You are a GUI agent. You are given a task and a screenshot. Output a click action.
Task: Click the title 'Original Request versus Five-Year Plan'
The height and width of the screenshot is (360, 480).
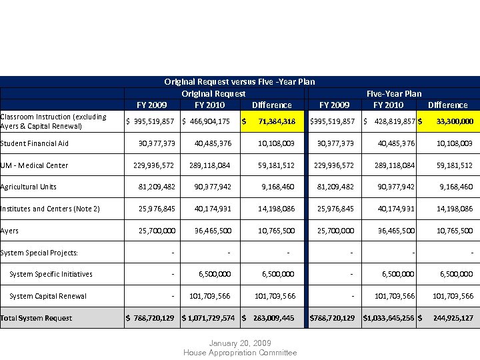tap(239, 82)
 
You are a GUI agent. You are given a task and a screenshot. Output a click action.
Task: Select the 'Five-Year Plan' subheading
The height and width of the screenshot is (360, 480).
tap(394, 93)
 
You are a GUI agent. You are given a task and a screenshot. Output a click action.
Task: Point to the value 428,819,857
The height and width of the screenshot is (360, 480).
tap(393, 121)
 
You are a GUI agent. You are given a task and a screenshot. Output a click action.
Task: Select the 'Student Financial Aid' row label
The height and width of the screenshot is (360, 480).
tap(34, 143)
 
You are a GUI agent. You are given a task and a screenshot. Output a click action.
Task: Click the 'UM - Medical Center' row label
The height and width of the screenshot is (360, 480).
tap(34, 165)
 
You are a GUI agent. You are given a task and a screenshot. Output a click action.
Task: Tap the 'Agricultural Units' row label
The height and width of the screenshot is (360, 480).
tap(29, 187)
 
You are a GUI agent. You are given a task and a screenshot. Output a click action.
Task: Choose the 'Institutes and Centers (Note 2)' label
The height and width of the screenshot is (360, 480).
tap(50, 209)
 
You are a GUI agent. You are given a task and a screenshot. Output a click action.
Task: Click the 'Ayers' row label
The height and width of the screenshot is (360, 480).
tap(9, 231)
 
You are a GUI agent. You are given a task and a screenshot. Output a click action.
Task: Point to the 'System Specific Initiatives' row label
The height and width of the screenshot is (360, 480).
tap(51, 274)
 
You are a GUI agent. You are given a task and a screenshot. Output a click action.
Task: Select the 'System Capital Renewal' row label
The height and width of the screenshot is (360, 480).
tap(48, 296)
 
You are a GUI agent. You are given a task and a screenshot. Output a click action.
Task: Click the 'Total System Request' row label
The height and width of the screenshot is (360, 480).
tap(36, 318)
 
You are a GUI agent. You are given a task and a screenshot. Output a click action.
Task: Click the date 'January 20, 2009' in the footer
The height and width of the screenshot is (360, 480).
tap(239, 343)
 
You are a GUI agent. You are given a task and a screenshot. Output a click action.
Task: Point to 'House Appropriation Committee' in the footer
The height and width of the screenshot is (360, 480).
tap(239, 353)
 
